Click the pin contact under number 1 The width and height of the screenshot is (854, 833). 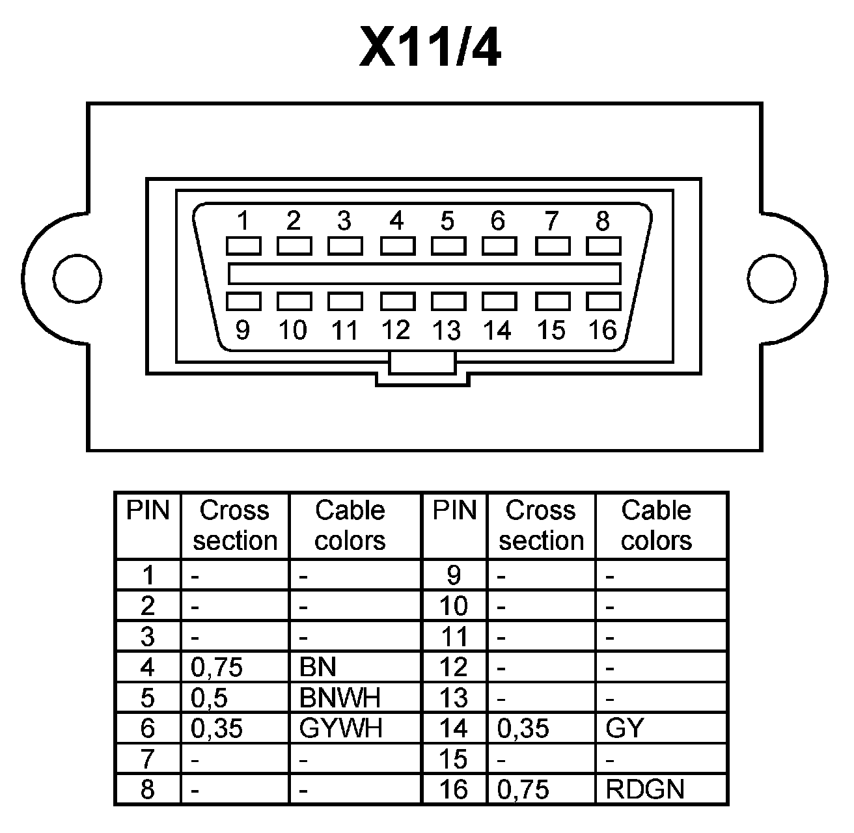(x=243, y=246)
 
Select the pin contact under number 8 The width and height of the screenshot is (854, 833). (x=603, y=246)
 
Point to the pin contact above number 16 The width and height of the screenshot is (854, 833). (x=603, y=301)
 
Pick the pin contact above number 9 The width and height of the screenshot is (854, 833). (x=243, y=301)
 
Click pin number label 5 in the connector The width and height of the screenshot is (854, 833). (x=447, y=221)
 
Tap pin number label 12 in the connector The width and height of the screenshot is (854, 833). (x=396, y=331)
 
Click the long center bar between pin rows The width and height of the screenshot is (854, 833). (x=424, y=273)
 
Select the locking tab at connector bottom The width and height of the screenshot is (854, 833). (x=422, y=363)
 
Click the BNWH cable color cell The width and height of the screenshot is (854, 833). (x=340, y=698)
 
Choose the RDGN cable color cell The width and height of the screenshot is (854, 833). (x=645, y=789)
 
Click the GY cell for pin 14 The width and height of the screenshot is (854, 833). (x=624, y=728)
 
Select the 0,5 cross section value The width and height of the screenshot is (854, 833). (x=210, y=698)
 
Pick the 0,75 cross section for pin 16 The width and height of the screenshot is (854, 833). (x=523, y=789)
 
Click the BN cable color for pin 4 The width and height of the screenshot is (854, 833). (x=318, y=667)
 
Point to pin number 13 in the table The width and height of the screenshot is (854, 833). (x=454, y=698)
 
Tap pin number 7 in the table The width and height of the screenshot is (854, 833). (x=148, y=759)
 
